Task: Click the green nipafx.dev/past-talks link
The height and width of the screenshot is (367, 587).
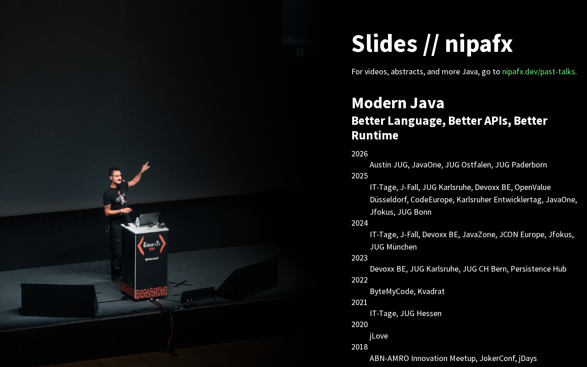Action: (x=538, y=72)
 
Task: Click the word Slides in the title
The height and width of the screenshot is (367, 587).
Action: (x=384, y=44)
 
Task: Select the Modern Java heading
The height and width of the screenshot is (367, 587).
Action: (x=398, y=103)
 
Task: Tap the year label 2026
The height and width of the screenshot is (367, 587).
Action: (x=360, y=154)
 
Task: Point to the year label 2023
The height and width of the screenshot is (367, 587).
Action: (x=360, y=258)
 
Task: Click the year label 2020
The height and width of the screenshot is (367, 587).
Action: (x=360, y=324)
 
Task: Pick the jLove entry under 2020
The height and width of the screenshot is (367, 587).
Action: (x=379, y=336)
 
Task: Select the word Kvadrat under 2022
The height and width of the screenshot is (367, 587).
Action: (x=431, y=291)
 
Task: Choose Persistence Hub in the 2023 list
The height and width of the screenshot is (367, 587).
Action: (x=538, y=269)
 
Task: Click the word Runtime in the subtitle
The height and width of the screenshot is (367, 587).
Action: (x=375, y=135)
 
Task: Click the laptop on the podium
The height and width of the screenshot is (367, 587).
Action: (x=150, y=219)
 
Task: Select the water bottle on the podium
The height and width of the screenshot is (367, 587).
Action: (x=137, y=223)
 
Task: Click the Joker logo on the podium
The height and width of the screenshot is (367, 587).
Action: (x=151, y=245)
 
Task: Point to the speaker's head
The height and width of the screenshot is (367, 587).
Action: (x=115, y=175)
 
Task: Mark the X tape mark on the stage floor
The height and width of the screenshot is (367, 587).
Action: (x=181, y=284)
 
